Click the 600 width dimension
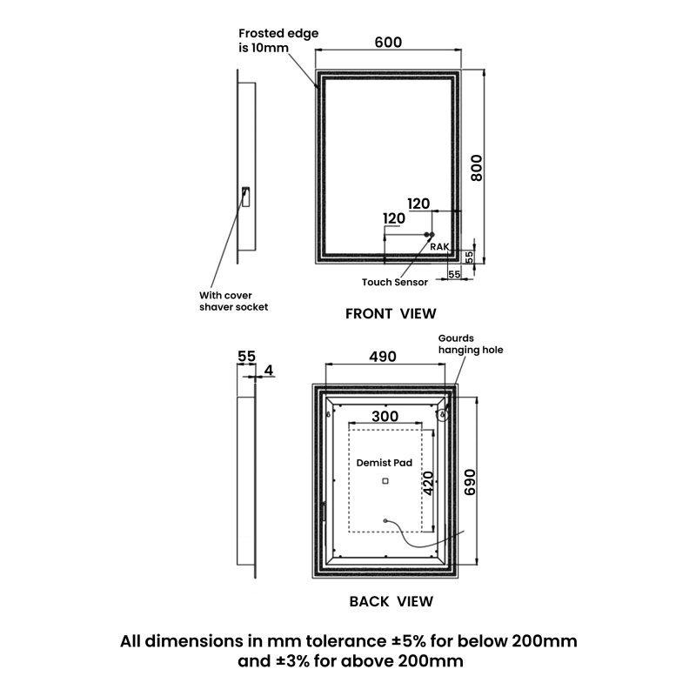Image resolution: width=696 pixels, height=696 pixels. tap(388, 42)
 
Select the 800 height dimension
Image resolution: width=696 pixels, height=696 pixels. tap(476, 167)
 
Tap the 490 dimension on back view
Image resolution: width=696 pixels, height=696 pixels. tap(383, 357)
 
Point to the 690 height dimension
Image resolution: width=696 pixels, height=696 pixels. tap(470, 482)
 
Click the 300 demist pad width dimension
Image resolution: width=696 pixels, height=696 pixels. tap(385, 417)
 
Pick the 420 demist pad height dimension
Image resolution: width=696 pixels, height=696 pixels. tap(428, 483)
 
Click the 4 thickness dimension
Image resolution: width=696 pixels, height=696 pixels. tap(269, 371)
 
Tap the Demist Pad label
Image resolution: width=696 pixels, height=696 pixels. tap(385, 463)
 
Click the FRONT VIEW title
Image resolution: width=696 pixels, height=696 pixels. tap(391, 314)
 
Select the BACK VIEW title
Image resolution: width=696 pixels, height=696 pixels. tap(391, 601)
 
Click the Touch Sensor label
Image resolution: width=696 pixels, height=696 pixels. tap(395, 282)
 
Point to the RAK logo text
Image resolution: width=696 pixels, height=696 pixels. tap(439, 247)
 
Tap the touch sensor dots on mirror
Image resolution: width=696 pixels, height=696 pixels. tap(429, 234)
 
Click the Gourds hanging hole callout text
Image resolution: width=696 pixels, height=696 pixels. tap(471, 344)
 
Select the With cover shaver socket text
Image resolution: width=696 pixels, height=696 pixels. tap(233, 301)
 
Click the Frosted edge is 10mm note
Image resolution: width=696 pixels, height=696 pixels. tap(278, 40)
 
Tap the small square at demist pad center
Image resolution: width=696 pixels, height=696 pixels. tap(385, 481)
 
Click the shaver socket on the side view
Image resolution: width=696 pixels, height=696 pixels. tap(245, 197)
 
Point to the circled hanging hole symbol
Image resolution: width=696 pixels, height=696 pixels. tap(442, 415)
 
